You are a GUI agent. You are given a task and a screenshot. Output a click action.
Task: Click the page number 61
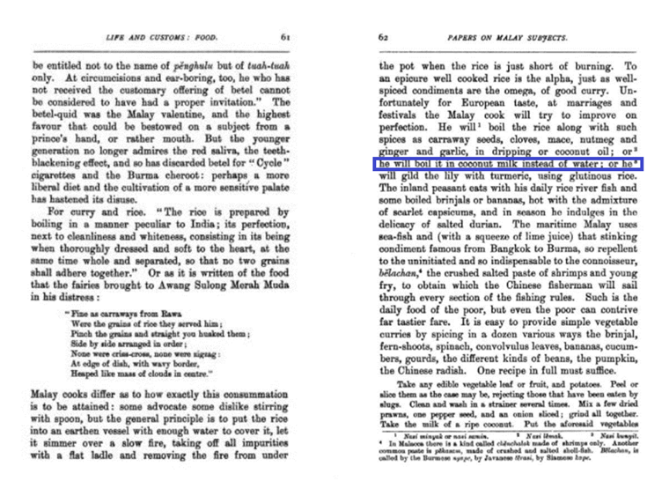286,37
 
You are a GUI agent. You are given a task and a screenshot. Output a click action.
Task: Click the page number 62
384,37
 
